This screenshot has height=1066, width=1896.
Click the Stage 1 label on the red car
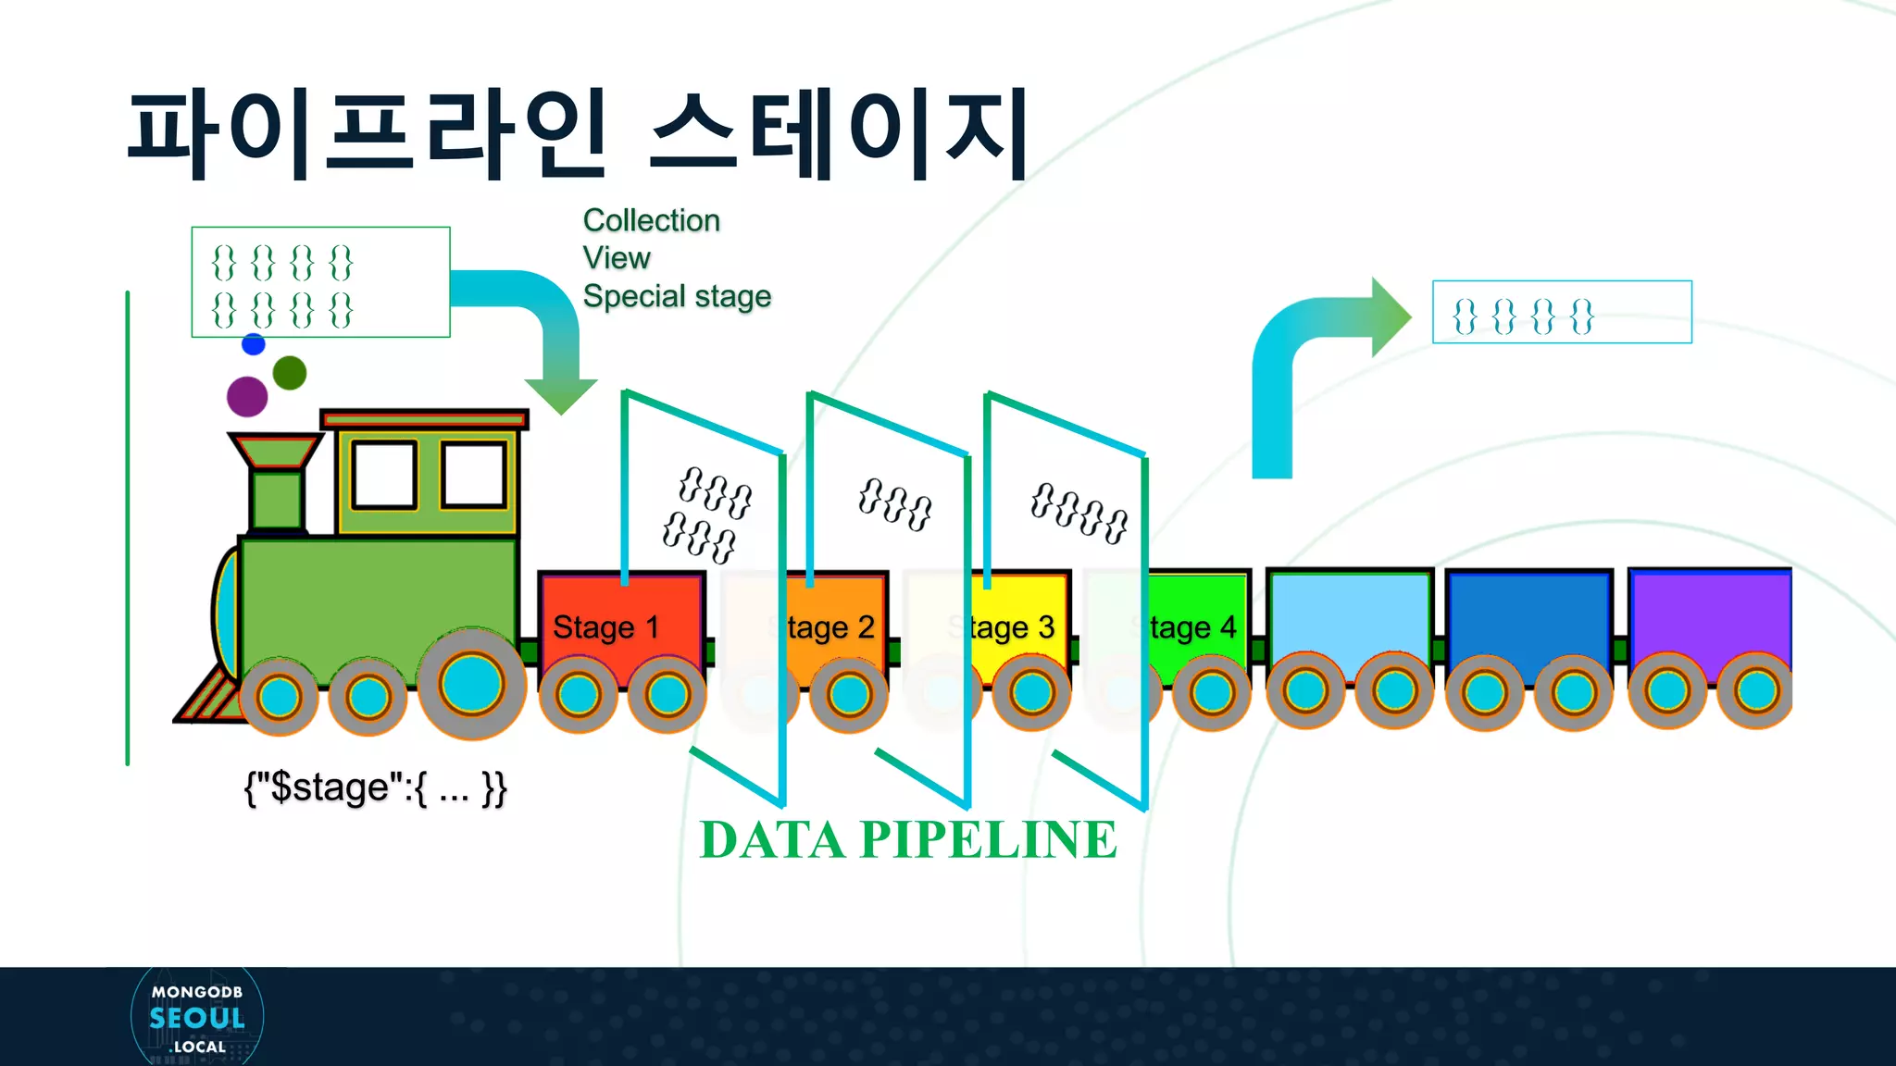pos(605,627)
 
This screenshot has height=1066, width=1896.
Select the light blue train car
pos(1348,615)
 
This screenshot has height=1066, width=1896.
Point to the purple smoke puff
pos(247,396)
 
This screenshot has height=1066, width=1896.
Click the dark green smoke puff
pos(290,373)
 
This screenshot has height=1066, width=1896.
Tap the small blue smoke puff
pos(253,344)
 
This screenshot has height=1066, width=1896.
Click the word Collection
pos(651,220)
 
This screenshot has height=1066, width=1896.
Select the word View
pos(617,258)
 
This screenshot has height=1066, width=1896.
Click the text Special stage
pos(677,296)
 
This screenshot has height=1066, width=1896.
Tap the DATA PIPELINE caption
pos(907,840)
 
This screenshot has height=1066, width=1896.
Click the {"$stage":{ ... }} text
pos(375,788)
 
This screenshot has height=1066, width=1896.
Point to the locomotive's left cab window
pos(384,475)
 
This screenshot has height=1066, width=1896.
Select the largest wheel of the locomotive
pos(471,685)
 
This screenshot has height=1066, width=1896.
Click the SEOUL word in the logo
pos(197,1019)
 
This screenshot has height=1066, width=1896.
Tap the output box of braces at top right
pos(1561,313)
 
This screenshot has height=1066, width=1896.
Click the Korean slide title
pos(578,134)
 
